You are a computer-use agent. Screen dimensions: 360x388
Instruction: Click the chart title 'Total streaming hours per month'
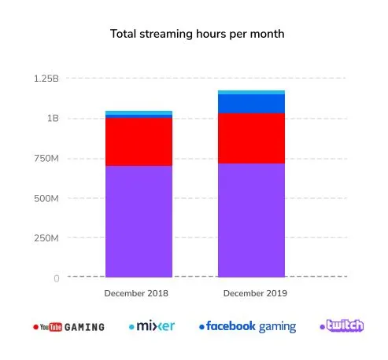pos(194,35)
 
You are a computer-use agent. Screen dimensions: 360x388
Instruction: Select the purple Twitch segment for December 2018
pos(139,221)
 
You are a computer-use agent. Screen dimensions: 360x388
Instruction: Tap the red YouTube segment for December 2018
pos(139,141)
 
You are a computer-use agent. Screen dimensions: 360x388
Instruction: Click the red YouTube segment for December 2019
pos(251,138)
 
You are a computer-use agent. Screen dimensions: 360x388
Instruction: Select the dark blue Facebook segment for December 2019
pos(251,104)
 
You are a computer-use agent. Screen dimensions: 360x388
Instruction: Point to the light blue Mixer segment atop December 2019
pos(251,92)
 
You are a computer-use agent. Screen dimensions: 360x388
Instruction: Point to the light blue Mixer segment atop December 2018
pos(139,112)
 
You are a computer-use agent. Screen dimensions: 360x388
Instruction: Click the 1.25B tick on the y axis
pos(46,79)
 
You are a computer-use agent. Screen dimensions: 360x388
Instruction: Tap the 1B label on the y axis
pos(52,119)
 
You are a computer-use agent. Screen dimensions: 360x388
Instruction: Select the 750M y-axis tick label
pos(46,159)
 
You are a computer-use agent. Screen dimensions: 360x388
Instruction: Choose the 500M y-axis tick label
pos(46,198)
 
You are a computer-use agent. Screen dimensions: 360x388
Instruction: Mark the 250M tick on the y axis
pos(46,238)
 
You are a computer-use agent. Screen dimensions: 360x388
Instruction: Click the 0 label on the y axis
pos(57,278)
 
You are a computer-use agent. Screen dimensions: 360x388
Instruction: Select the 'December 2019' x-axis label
pos(251,294)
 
